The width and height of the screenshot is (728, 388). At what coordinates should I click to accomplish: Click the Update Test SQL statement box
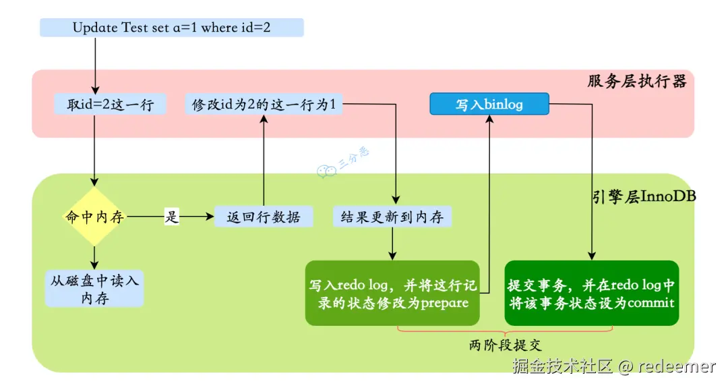tap(172, 28)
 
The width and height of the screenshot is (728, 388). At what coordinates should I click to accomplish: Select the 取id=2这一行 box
tap(111, 105)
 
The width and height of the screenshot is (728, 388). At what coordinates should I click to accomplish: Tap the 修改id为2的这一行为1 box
tap(263, 105)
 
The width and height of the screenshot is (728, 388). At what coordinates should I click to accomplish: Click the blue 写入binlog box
tap(489, 105)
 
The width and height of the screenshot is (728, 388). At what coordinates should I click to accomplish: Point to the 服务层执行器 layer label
tap(636, 82)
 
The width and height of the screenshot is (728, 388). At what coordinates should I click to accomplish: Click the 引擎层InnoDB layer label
tap(643, 196)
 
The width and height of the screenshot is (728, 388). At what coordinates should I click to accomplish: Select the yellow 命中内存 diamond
tap(94, 217)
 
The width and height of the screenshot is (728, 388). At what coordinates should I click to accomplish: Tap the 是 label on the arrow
tap(173, 217)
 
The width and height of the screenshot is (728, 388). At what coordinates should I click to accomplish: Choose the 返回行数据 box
tap(264, 217)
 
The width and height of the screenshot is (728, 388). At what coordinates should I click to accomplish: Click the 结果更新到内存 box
tap(392, 217)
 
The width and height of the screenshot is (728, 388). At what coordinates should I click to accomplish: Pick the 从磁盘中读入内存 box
tap(94, 289)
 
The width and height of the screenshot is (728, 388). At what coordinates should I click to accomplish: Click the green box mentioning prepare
tap(392, 293)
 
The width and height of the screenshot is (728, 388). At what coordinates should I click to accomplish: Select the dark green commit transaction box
tap(591, 293)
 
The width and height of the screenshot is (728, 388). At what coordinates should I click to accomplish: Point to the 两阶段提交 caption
tap(505, 345)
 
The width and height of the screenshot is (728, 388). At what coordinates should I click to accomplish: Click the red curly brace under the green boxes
tap(505, 330)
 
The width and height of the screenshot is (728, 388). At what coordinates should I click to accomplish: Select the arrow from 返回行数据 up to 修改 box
tap(264, 162)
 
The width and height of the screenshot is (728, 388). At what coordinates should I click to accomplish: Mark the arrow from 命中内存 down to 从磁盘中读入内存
tap(94, 256)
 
